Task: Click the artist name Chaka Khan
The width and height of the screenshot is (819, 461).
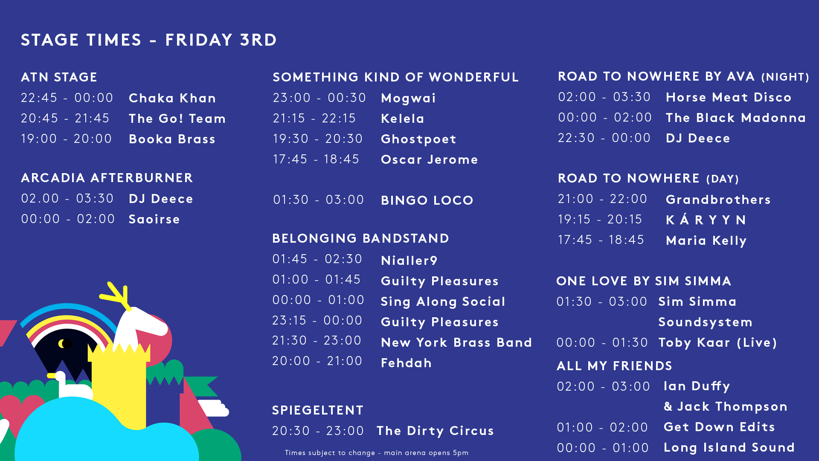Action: coord(172,98)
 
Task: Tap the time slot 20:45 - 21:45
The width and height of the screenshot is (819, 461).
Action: coord(65,118)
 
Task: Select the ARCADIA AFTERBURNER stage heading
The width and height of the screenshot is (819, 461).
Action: coord(107,178)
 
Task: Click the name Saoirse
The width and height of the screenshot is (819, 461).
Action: coord(154,219)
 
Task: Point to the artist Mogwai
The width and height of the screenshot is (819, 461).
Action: coord(408,99)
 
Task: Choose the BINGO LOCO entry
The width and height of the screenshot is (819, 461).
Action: coord(427,200)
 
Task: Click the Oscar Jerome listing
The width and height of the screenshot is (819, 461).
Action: coord(430,159)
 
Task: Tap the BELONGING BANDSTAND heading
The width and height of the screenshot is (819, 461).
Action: coord(361,238)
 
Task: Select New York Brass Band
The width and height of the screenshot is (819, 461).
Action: coord(456,342)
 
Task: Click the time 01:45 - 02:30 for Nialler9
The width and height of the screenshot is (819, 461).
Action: coord(317,259)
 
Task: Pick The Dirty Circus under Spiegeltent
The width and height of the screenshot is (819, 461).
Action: coord(435,431)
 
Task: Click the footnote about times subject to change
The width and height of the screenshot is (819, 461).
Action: coord(377,453)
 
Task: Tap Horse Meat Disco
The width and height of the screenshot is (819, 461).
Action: coord(729,97)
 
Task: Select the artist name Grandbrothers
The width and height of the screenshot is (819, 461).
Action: coord(718,200)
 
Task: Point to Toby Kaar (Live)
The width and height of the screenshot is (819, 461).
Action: coord(717,343)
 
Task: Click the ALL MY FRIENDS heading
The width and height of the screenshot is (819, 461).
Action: coord(615,366)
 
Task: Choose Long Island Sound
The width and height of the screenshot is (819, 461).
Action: coord(729,447)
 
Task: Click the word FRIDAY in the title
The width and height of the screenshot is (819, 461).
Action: coord(199,40)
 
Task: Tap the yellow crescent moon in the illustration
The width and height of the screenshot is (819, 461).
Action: coord(63,343)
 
